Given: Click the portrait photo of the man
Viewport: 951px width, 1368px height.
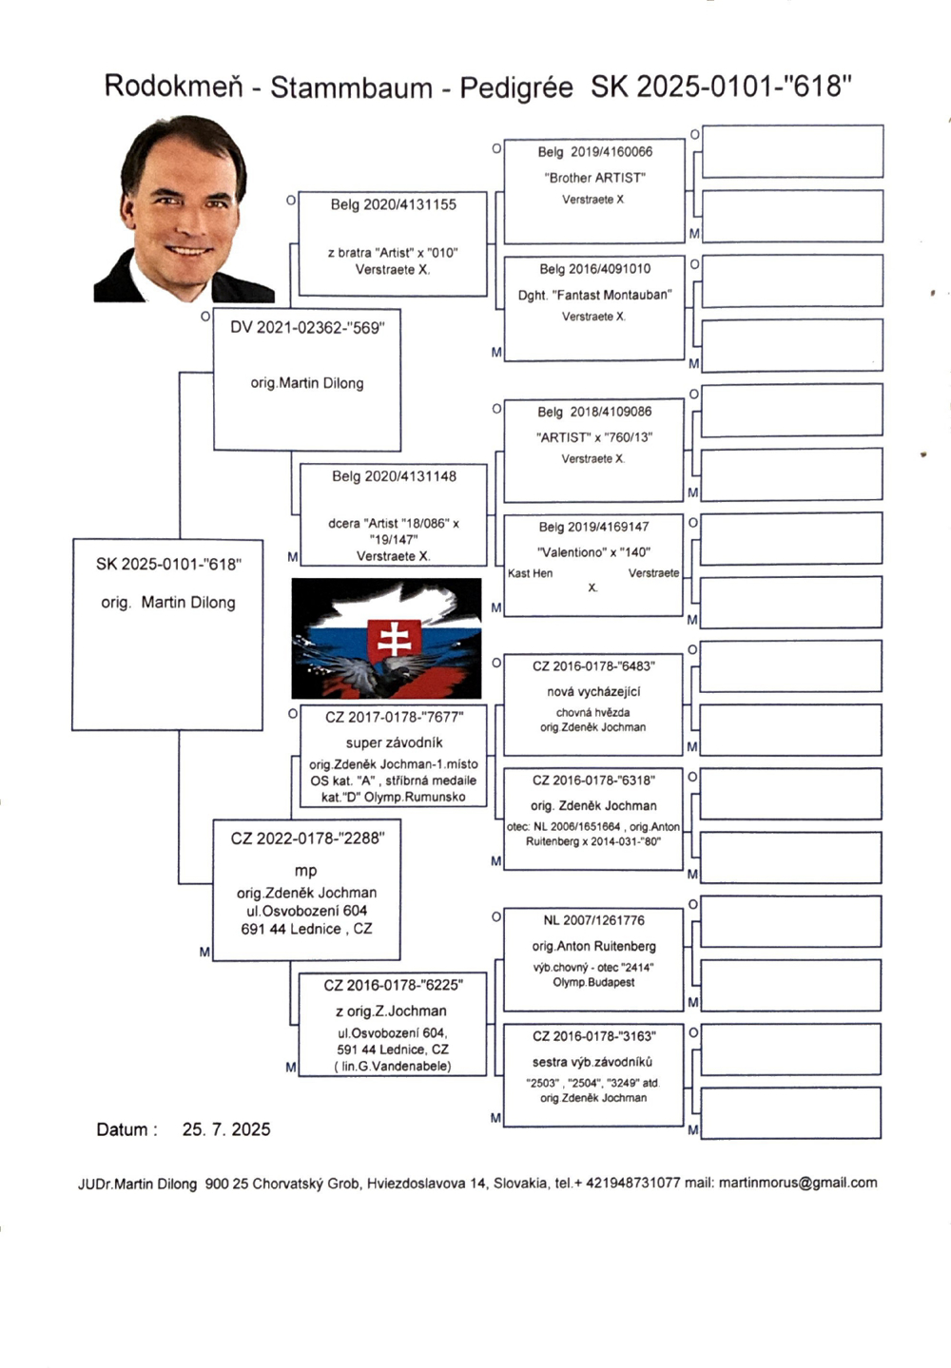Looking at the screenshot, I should coord(183,209).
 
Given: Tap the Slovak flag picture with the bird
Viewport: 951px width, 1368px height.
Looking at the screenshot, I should coord(386,638).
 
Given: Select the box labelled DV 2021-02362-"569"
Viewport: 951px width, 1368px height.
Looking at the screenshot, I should coord(306,378).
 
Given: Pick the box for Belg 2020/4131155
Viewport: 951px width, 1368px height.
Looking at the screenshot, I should coord(393,244).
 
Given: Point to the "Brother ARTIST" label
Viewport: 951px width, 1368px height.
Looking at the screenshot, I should coord(594,178).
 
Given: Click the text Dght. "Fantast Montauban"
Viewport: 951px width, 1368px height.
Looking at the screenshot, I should coord(594,296).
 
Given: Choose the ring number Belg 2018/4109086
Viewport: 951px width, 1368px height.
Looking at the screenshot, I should coord(594,412).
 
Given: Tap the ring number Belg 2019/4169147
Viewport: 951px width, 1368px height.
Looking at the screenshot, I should coord(593,527).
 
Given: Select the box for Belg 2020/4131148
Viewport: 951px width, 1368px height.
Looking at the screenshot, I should coord(393,513).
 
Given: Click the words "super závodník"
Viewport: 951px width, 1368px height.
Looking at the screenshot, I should coord(394,742).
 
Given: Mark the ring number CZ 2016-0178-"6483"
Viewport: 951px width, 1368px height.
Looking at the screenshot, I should coord(593,666).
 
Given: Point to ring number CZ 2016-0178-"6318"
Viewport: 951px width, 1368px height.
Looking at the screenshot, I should coord(593,780).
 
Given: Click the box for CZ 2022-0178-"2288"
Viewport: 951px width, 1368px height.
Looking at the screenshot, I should coord(306,890).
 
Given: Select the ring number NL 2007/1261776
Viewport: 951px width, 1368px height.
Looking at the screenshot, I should coord(593,920).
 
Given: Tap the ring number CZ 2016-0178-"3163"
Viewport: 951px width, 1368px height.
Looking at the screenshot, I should coord(593,1036).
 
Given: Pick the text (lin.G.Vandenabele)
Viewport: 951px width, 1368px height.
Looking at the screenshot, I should coord(393,1067).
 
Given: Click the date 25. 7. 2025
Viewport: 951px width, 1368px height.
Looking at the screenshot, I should coord(226,1129).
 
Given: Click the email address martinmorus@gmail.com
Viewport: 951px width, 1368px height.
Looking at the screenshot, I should coord(797,1183).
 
